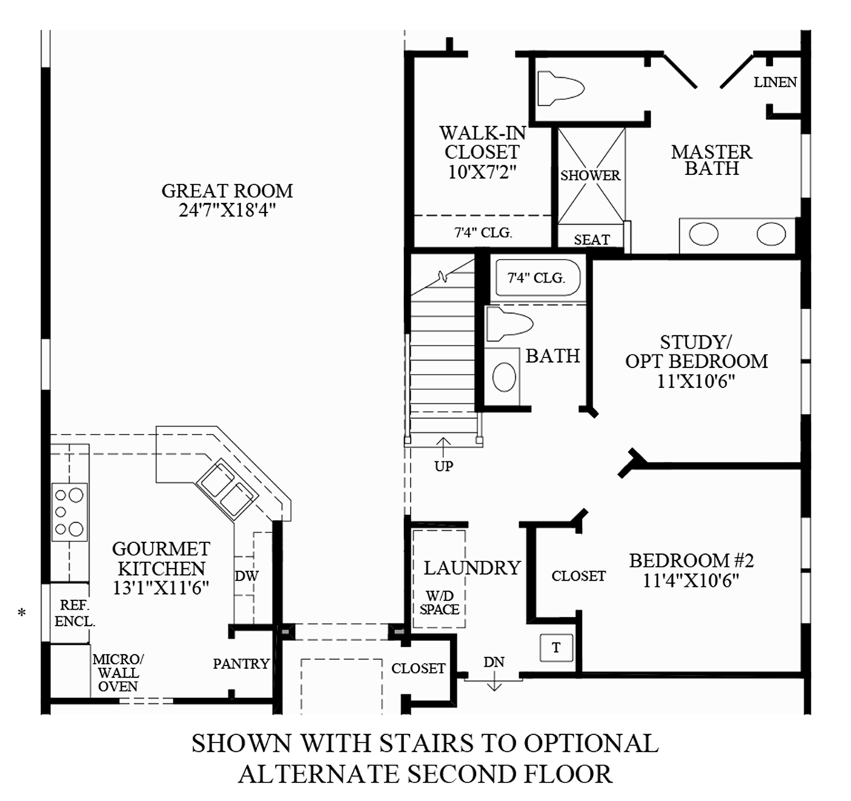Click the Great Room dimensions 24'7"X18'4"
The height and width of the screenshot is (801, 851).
227,211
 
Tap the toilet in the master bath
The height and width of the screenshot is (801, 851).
560,89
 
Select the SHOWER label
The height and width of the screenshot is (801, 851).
590,176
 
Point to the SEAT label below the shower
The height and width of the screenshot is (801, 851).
592,240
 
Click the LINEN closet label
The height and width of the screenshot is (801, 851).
775,82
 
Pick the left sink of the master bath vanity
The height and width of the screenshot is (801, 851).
703,235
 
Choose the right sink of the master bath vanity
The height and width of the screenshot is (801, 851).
770,235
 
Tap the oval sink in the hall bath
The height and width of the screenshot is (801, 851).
506,377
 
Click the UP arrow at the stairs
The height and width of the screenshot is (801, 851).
444,447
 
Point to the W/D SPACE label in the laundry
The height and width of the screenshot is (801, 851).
439,602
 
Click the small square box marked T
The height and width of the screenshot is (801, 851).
556,647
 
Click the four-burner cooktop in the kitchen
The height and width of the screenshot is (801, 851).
69,512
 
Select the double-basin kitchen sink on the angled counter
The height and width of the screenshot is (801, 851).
227,487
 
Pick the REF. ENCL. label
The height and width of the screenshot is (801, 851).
74,613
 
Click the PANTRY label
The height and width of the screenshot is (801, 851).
241,664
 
